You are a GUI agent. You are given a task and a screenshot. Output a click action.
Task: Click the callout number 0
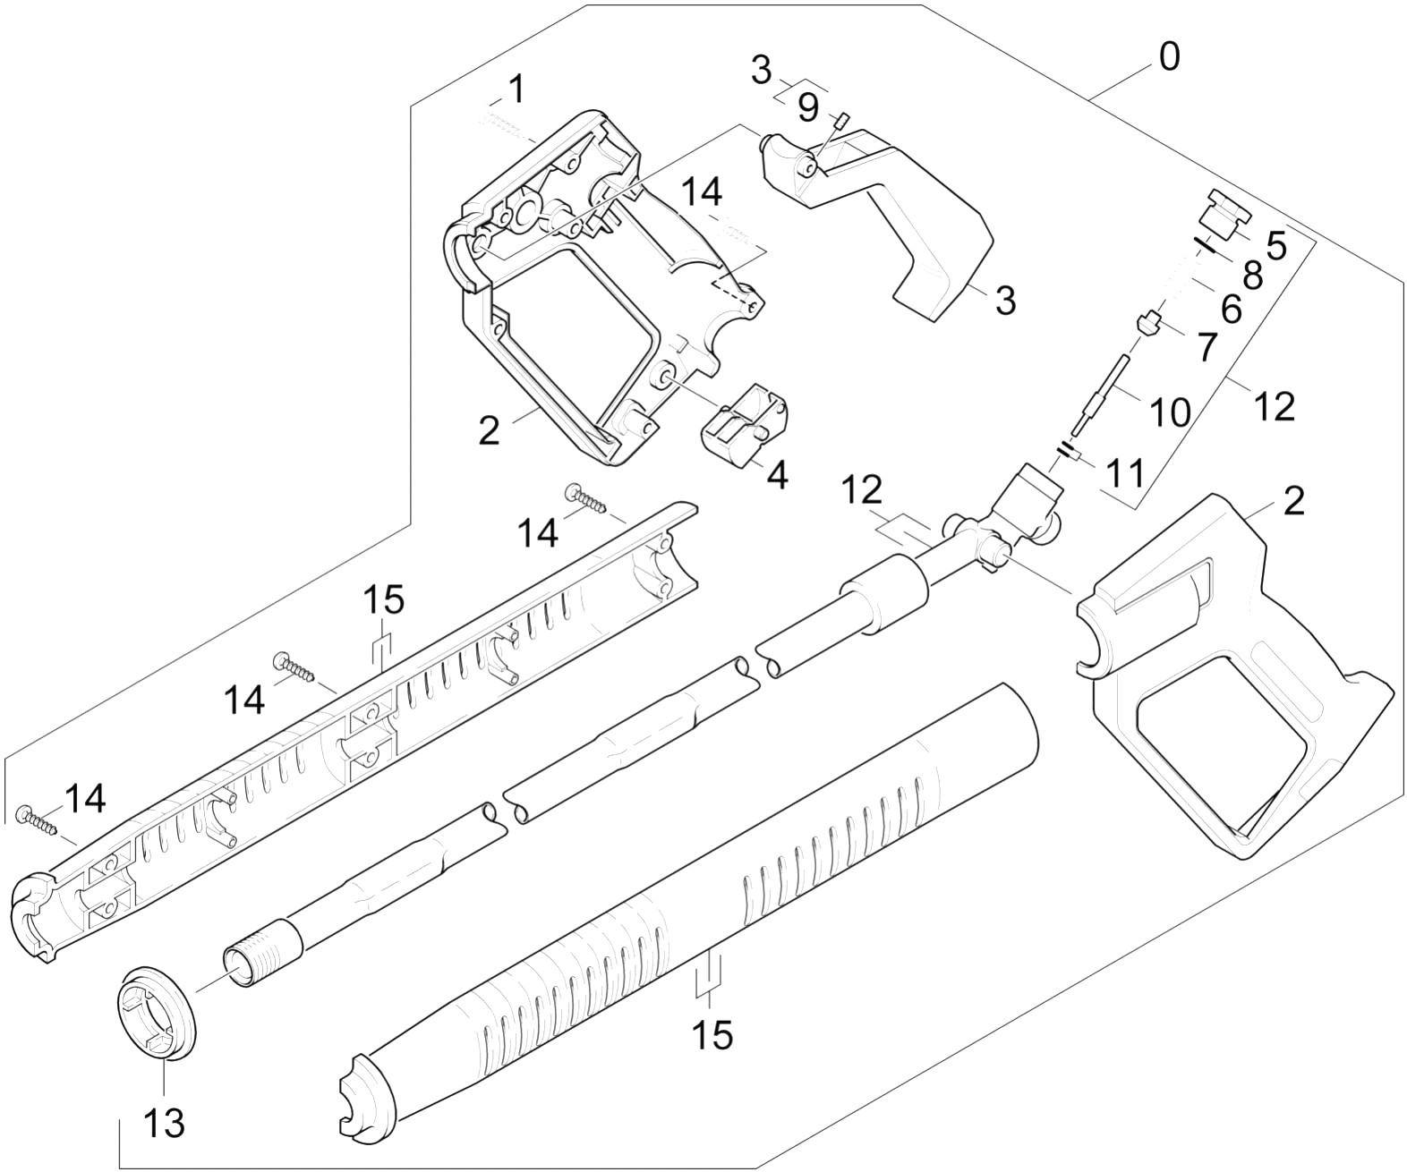click(1170, 57)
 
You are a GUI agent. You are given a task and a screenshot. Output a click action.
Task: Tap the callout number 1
click(516, 89)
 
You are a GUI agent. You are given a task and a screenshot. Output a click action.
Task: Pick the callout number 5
click(1275, 246)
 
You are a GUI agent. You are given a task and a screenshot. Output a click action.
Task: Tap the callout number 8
click(1252, 276)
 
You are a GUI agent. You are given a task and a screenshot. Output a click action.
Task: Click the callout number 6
click(1231, 310)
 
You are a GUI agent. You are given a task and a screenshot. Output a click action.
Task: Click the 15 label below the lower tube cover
click(712, 1034)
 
